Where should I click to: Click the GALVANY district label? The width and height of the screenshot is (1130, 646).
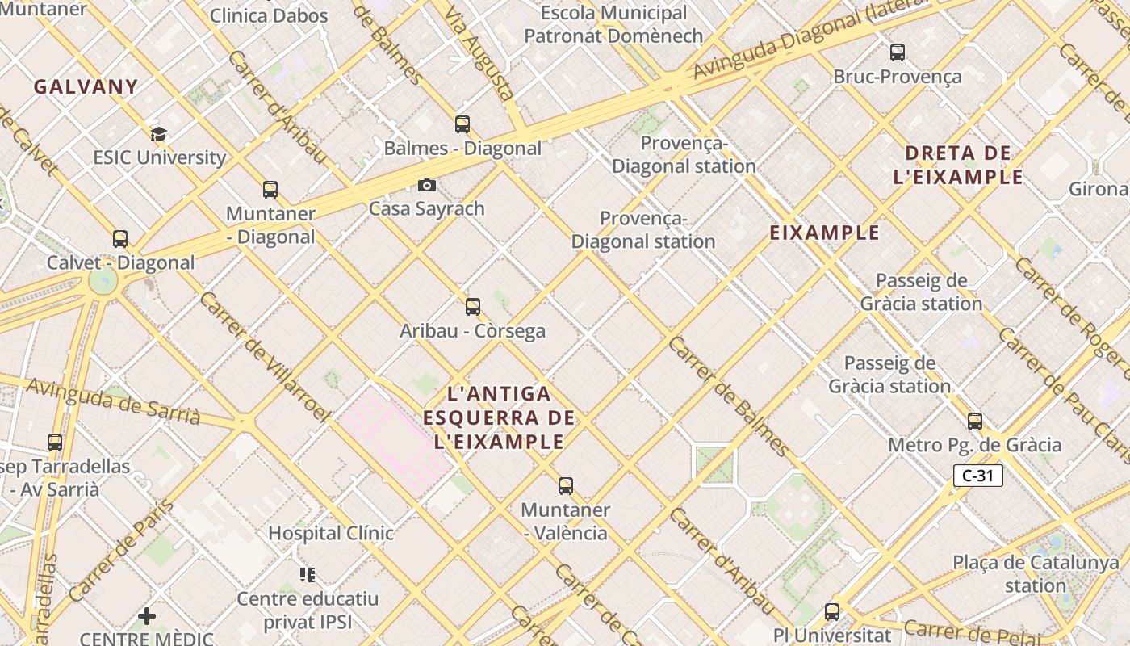[x=86, y=86]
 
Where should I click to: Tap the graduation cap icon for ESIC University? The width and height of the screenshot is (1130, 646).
[x=158, y=134]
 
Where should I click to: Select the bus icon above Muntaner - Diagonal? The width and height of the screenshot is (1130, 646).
[x=270, y=190]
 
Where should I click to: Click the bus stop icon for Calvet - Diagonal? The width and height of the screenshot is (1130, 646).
[x=120, y=239]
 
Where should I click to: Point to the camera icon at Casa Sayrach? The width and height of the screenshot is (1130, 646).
[x=427, y=186]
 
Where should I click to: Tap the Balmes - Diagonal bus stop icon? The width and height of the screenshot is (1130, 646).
[x=462, y=124]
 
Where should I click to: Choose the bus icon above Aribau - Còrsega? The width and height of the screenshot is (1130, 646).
[x=473, y=307]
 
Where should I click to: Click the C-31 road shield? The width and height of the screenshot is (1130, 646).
[x=977, y=476]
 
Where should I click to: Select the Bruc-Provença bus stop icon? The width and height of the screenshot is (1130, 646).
[x=898, y=53]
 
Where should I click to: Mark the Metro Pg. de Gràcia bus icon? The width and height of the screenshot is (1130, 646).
[x=975, y=422]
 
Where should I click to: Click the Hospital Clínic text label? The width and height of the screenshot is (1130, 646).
[x=331, y=533]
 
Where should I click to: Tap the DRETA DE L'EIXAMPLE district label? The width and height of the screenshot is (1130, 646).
[x=958, y=165]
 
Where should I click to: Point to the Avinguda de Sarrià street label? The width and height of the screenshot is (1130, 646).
[x=113, y=401]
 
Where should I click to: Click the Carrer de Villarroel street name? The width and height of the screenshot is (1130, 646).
[x=264, y=356]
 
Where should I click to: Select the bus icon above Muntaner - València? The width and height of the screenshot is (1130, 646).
[x=566, y=486]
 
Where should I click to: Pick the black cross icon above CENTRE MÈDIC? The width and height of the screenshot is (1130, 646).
[x=147, y=616]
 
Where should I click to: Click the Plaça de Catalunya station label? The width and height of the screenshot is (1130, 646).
[x=1036, y=573]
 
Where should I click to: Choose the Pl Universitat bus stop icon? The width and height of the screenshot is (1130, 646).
[x=832, y=612]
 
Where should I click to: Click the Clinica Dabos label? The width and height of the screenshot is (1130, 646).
[x=269, y=15]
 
